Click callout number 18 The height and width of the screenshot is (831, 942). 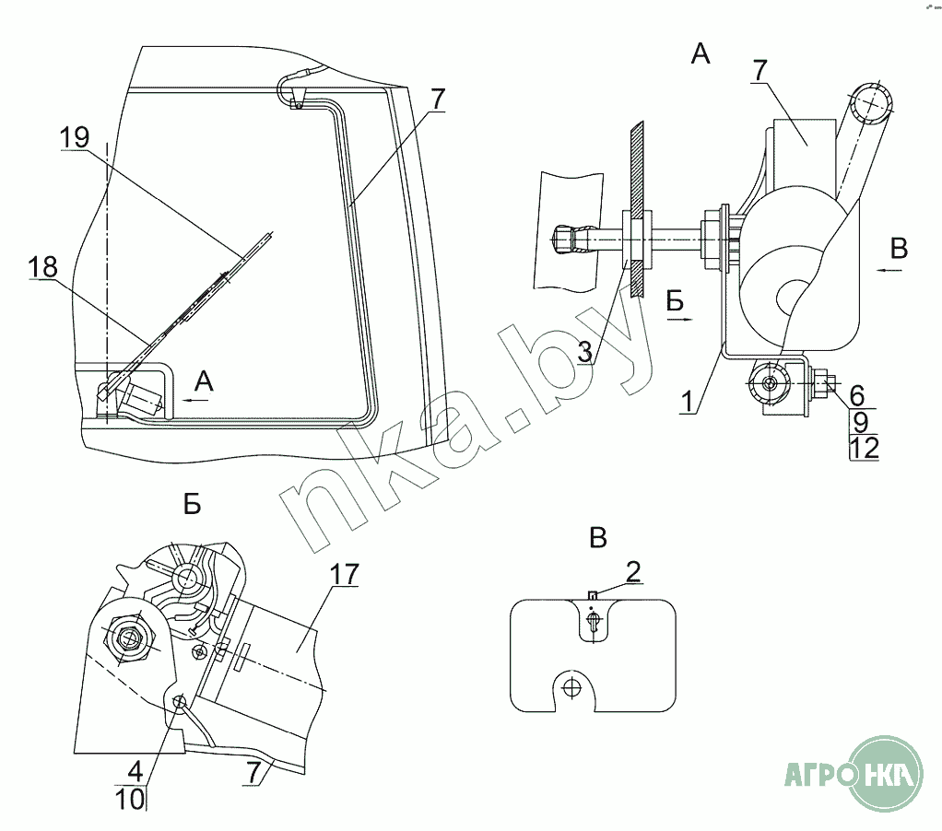pyautogui.click(x=42, y=267)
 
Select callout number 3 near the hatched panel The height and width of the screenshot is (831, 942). pyautogui.click(x=583, y=350)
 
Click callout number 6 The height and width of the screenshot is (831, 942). pyautogui.click(x=857, y=396)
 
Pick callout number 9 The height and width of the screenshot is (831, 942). pyautogui.click(x=860, y=422)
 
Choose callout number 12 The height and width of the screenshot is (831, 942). pyautogui.click(x=865, y=448)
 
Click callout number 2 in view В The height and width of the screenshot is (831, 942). pyautogui.click(x=633, y=571)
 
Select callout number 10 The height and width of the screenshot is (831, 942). pyautogui.click(x=131, y=799)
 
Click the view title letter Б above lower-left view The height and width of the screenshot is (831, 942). pyautogui.click(x=192, y=504)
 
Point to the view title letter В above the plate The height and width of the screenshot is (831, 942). pyautogui.click(x=598, y=538)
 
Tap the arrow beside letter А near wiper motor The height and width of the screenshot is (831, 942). pyautogui.click(x=194, y=399)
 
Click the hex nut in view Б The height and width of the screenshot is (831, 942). pyautogui.click(x=127, y=636)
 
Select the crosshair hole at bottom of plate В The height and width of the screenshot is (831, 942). pyautogui.click(x=572, y=686)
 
